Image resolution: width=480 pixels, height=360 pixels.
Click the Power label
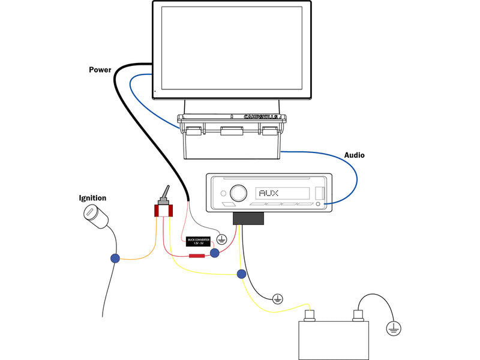[100, 70]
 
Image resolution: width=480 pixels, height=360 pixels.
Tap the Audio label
[354, 155]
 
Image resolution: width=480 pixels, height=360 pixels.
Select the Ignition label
[92, 198]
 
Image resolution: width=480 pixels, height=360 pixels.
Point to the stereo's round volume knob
[238, 193]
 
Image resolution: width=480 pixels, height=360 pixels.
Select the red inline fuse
[196, 256]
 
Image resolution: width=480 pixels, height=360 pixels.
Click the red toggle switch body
[163, 211]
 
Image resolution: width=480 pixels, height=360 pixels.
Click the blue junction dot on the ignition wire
[115, 259]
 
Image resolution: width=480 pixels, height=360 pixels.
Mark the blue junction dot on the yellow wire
[241, 274]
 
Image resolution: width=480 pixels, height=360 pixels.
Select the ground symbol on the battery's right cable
[393, 328]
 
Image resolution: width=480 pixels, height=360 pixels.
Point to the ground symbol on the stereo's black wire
[277, 298]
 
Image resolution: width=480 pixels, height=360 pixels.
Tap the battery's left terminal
[311, 314]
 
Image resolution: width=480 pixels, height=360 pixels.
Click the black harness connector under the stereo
[248, 218]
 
